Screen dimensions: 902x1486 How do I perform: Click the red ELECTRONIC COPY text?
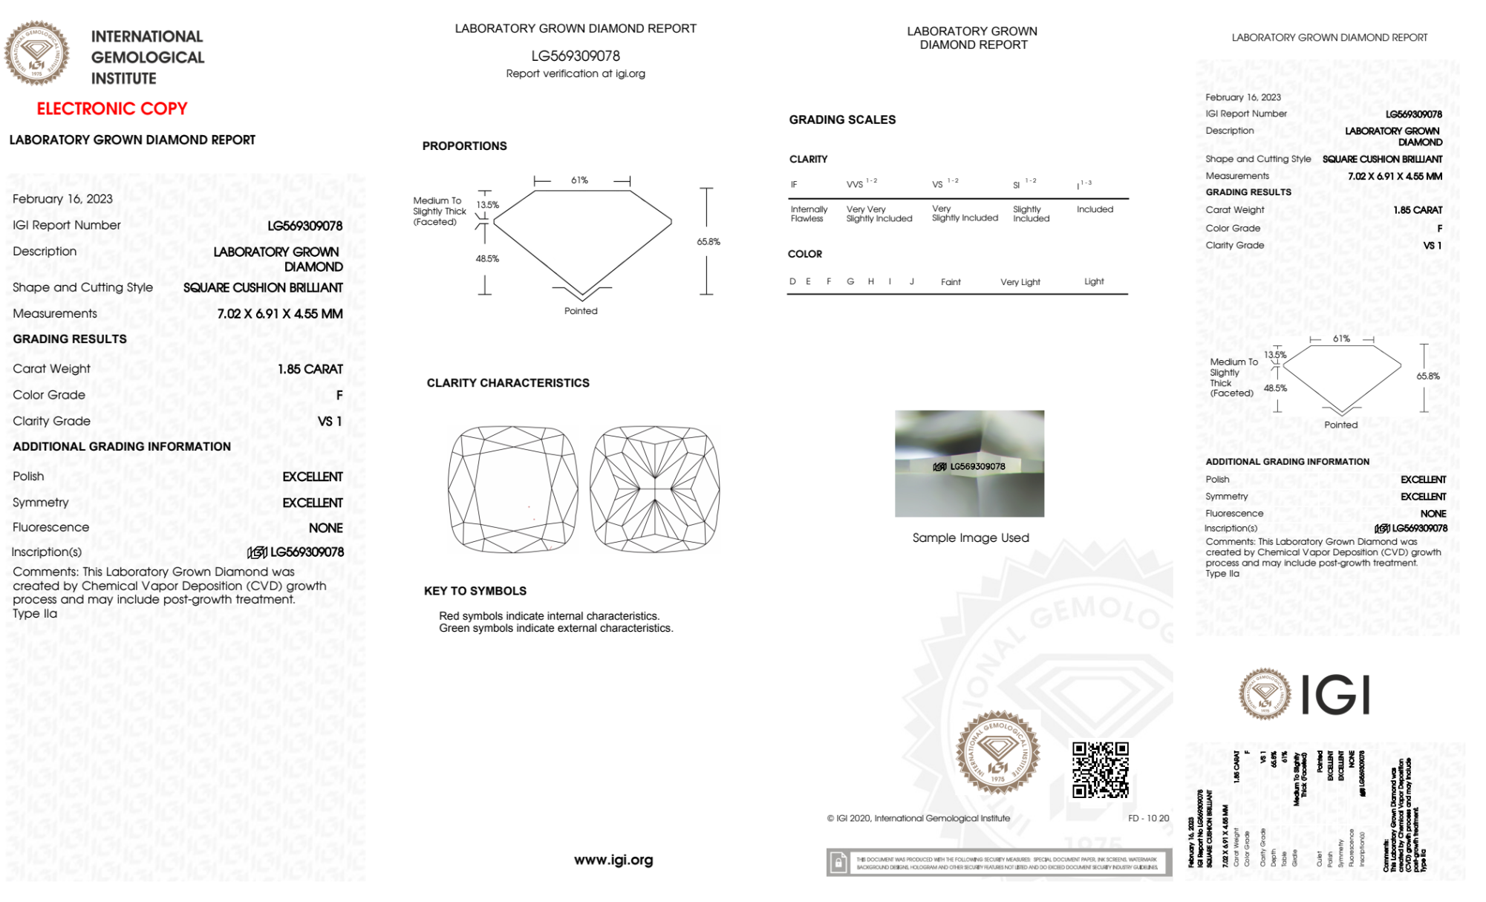[x=112, y=108]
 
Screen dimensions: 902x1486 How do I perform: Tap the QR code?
[x=1101, y=770]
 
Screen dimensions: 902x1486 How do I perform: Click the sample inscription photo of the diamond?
[x=969, y=463]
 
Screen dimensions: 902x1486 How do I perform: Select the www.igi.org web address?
[x=613, y=860]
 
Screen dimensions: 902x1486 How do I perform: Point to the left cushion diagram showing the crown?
[x=512, y=489]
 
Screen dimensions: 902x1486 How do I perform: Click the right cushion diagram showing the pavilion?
[x=655, y=489]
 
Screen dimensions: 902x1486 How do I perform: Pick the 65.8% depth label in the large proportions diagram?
[x=708, y=242]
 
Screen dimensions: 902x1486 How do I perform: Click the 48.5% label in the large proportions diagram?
[x=487, y=259]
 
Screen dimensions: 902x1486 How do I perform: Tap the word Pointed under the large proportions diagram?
[x=581, y=311]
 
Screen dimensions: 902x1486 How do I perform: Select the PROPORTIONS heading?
[x=465, y=146]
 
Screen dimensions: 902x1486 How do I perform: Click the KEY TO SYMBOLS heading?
[x=475, y=591]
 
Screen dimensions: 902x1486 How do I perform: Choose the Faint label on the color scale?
[x=951, y=282]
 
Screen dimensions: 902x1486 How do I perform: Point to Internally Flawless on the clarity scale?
[x=809, y=214]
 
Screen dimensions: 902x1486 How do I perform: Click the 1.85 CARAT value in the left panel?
[x=310, y=369]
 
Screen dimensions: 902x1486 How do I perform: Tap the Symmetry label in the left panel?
[x=41, y=503]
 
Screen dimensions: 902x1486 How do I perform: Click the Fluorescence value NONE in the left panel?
[x=326, y=528]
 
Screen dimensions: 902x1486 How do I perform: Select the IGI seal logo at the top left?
[x=37, y=53]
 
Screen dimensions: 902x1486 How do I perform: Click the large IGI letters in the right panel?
[x=1336, y=696]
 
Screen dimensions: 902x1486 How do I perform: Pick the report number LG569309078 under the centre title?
[x=576, y=56]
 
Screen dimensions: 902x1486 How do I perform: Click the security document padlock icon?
[x=839, y=863]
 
